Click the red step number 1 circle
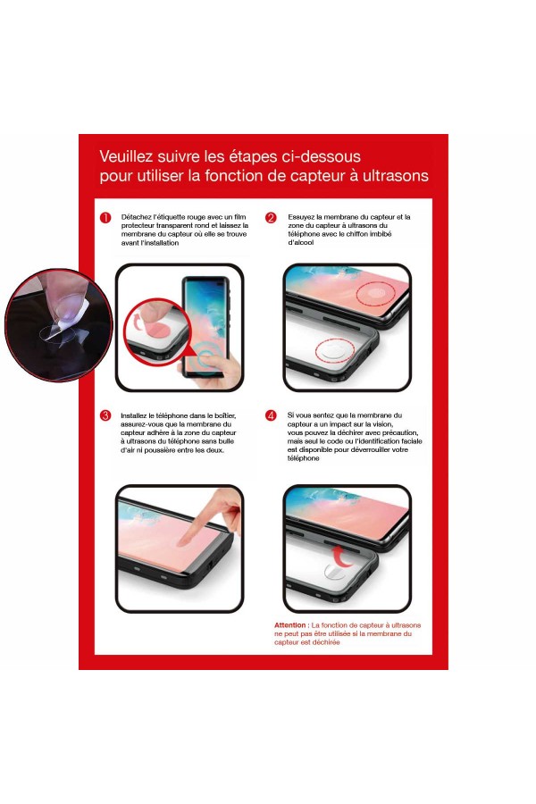click(105, 217)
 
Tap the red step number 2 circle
click(272, 217)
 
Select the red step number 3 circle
click(105, 415)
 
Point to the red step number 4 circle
click(272, 415)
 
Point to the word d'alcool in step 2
click(302, 243)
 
